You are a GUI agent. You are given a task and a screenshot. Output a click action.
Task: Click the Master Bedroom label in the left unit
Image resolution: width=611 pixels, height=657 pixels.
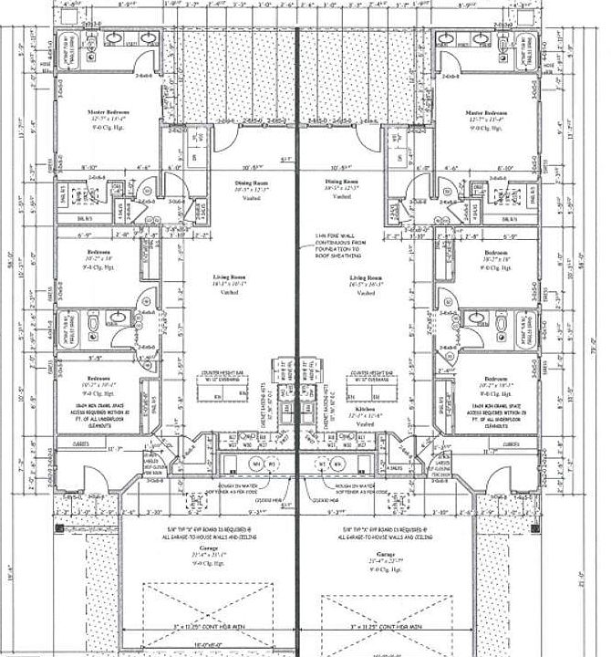coord(106,112)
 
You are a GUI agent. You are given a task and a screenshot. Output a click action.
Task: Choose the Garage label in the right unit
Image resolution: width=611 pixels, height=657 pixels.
coord(382,554)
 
